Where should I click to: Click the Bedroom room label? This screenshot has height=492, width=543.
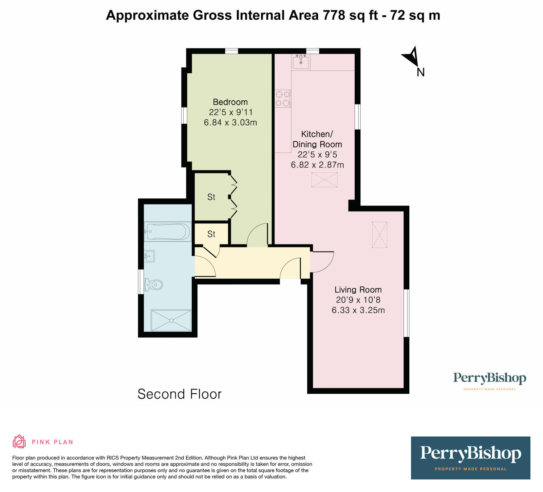pyautogui.click(x=230, y=102)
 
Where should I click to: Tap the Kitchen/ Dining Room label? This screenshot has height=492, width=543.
pyautogui.click(x=317, y=139)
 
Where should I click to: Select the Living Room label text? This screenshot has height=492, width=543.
pyautogui.click(x=358, y=290)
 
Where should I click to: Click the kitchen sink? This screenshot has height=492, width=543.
pyautogui.click(x=301, y=62)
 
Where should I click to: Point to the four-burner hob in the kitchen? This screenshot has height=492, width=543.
pyautogui.click(x=283, y=98)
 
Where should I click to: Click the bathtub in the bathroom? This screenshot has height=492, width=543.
pyautogui.click(x=167, y=232)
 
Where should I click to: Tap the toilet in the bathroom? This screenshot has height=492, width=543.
pyautogui.click(x=153, y=284)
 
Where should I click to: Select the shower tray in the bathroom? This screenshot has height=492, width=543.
pyautogui.click(x=171, y=320)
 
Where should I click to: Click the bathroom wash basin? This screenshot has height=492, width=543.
pyautogui.click(x=149, y=256)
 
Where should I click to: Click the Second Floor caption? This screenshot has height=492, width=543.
pyautogui.click(x=180, y=394)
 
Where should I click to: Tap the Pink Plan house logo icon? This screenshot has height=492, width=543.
pyautogui.click(x=19, y=441)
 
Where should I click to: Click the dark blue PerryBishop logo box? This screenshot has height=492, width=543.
pyautogui.click(x=470, y=458)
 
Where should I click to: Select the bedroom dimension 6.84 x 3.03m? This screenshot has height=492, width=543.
pyautogui.click(x=230, y=122)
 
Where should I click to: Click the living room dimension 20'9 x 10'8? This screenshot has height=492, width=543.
pyautogui.click(x=358, y=300)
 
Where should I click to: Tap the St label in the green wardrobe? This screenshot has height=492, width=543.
pyautogui.click(x=211, y=197)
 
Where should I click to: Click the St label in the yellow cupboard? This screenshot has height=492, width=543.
pyautogui.click(x=211, y=234)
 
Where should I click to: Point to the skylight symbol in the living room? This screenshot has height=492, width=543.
pyautogui.click(x=380, y=235)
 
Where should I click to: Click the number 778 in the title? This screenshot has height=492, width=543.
pyautogui.click(x=335, y=15)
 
